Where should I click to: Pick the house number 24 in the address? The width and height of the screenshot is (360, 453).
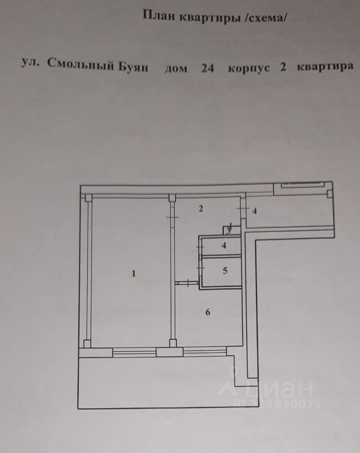208,67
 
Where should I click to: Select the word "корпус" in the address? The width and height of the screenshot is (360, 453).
249,67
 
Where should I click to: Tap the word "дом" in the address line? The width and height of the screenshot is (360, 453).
176,68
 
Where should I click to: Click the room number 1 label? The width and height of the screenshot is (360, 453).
134,273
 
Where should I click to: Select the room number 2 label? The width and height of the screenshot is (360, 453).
201,209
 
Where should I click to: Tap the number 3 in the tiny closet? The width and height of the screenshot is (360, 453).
228,231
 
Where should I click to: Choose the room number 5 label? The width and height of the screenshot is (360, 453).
225,270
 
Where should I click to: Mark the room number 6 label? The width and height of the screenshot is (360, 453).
208,311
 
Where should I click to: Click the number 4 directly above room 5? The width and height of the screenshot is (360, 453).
224,245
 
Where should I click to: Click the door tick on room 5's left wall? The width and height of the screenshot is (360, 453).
200,268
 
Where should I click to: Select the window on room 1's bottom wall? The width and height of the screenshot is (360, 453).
134,351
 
